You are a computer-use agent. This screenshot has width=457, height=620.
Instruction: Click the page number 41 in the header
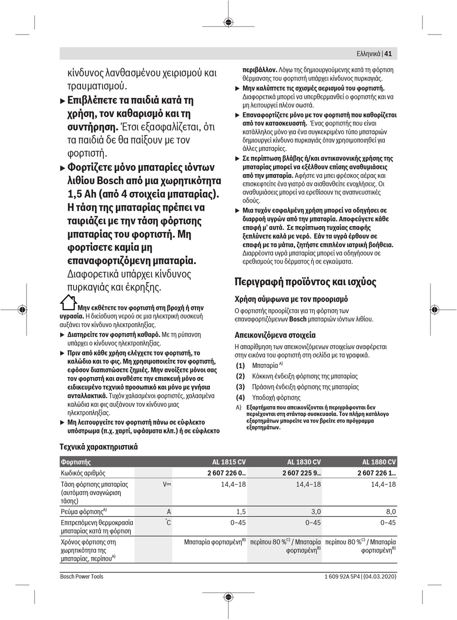click(388, 54)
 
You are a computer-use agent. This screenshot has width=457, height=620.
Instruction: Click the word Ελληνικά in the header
click(368, 54)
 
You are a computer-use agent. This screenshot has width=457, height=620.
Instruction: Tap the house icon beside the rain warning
click(68, 303)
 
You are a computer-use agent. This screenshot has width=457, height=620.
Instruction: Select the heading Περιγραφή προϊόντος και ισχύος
click(305, 281)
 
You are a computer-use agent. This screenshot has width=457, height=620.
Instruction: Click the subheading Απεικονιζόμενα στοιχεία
click(275, 335)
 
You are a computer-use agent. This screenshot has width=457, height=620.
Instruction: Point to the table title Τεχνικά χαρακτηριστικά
click(99, 446)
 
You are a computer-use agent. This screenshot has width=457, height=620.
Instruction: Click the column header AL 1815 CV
click(229, 462)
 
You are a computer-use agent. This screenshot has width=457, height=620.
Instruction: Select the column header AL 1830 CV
click(304, 462)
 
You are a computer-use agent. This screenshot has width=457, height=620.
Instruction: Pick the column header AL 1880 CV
click(379, 462)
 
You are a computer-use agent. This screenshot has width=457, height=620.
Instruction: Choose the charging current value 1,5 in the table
click(241, 512)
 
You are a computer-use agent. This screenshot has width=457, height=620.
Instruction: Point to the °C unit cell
click(167, 522)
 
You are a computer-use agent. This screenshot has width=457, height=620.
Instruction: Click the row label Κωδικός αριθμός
click(83, 473)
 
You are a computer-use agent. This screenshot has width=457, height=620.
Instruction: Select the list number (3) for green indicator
click(240, 387)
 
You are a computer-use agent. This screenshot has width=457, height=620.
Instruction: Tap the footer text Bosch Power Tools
click(82, 576)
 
